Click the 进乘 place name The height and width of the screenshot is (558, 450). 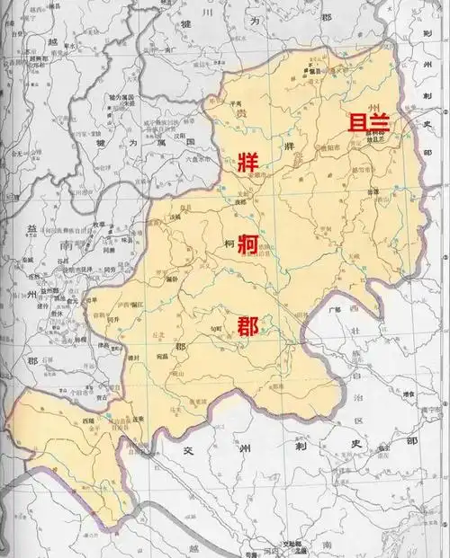point(137,419)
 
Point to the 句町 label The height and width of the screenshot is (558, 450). point(217,330)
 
